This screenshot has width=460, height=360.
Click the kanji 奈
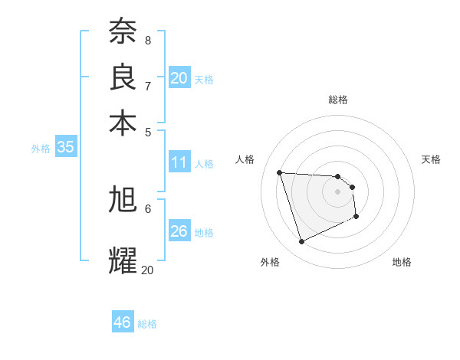click(123, 31)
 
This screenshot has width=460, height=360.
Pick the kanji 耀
click(123, 259)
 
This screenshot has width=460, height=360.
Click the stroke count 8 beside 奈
click(147, 41)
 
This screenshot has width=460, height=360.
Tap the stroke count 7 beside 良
click(147, 85)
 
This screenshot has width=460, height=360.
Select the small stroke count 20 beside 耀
click(147, 270)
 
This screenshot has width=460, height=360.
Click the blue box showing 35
click(65, 148)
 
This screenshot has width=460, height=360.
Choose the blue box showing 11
click(179, 162)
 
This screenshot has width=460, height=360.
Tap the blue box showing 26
click(179, 231)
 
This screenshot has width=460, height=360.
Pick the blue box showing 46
click(123, 322)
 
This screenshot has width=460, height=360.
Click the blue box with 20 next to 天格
click(179, 78)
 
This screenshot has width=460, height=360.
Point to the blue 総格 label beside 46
click(147, 324)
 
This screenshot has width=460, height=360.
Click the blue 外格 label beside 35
click(41, 149)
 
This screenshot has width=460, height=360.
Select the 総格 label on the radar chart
click(338, 100)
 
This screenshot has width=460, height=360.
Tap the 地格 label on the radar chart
click(402, 262)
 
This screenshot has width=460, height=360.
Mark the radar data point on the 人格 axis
click(280, 172)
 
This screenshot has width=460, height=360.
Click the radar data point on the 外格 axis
click(301, 242)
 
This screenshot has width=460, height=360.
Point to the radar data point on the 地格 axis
click(356, 218)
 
